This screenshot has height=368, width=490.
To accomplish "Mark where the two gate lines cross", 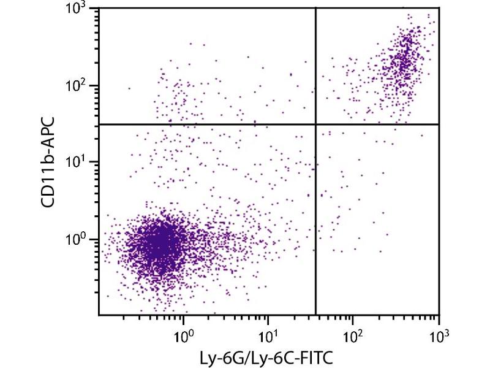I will tap(315, 124).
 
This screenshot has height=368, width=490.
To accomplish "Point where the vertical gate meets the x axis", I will tap(315, 315).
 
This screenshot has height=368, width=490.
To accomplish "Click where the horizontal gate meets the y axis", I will tap(99, 124).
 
